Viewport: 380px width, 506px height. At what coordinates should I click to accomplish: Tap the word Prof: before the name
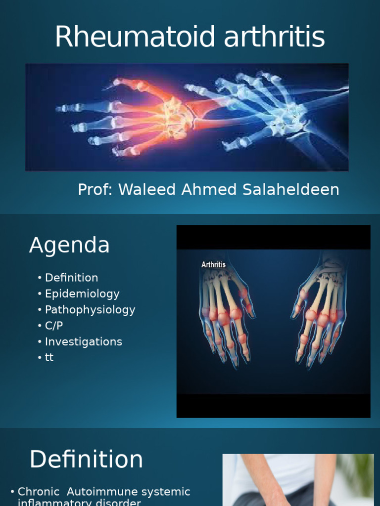[x=95, y=190]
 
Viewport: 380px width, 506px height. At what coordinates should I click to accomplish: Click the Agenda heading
[x=69, y=245]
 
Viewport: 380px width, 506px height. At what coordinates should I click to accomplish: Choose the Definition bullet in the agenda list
[x=71, y=278]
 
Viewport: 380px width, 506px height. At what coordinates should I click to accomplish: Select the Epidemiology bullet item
[x=82, y=294]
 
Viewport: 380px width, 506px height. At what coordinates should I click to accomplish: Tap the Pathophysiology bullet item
[x=90, y=310]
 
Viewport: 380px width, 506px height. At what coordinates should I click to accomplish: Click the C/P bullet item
[x=54, y=326]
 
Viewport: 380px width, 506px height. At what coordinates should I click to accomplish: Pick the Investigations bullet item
[x=83, y=341]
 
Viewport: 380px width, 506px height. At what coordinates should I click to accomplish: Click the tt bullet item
[x=49, y=357]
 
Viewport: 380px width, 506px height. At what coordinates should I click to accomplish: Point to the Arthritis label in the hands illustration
[x=213, y=265]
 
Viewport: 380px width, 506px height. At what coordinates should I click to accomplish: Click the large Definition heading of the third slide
[x=86, y=460]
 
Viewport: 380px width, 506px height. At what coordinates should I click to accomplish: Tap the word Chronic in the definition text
[x=38, y=492]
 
